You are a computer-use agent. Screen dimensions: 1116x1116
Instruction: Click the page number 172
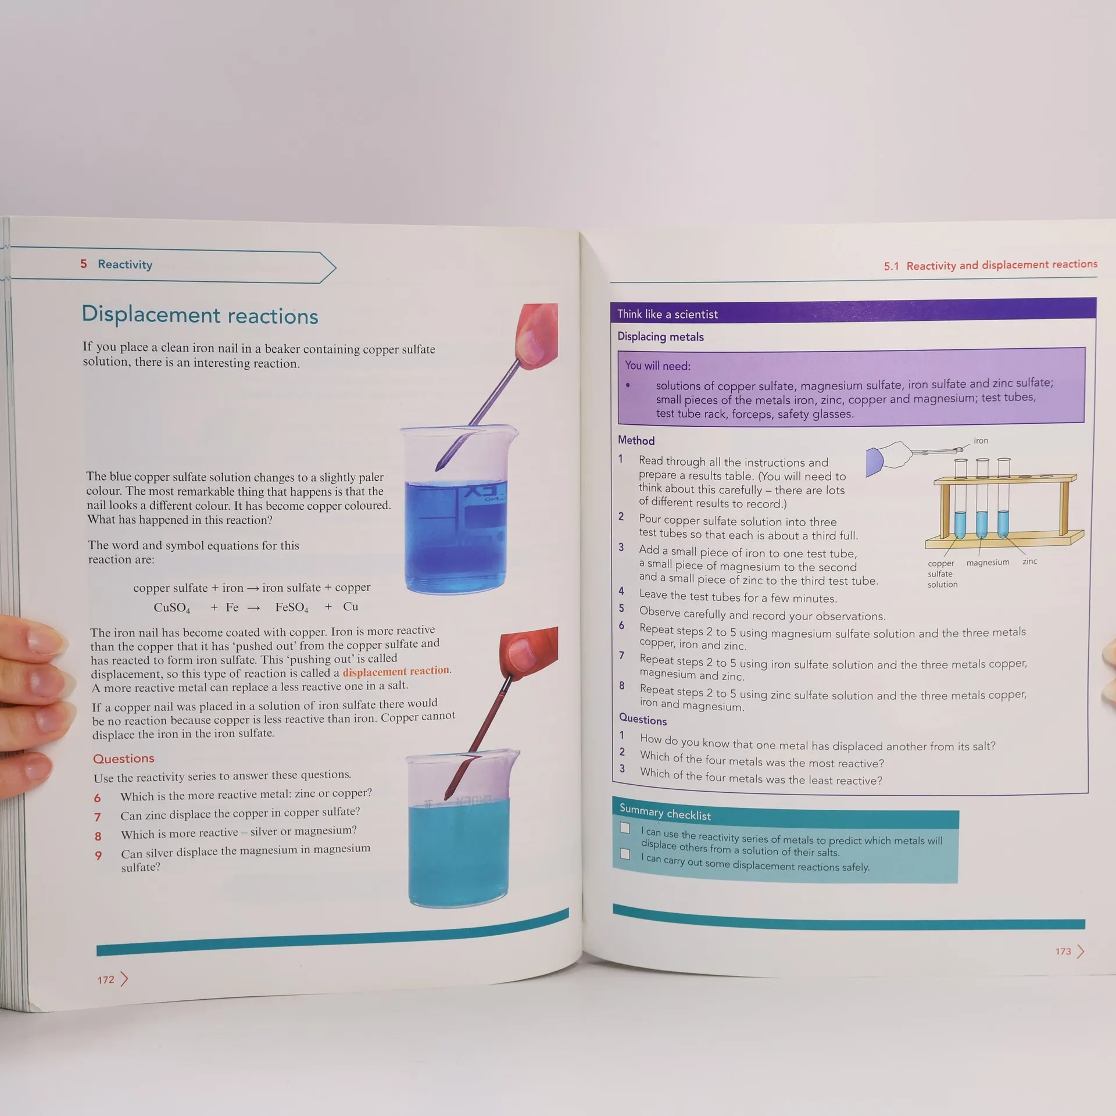pos(106,980)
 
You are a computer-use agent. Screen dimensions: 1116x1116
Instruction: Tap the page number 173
pos(1063,952)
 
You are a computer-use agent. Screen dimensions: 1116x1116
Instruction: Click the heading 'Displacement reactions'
pos(200,314)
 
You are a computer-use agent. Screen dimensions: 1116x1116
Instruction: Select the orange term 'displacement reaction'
pos(396,671)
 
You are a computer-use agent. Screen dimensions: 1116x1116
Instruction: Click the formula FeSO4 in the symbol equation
pos(292,607)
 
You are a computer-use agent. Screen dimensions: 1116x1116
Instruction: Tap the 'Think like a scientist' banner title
pos(667,314)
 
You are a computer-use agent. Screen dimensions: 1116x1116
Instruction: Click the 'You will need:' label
pos(658,366)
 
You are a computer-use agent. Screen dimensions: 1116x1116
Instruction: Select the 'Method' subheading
pos(636,441)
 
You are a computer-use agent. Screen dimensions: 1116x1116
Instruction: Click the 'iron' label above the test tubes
pos(981,441)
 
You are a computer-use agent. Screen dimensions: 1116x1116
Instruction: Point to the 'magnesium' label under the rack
pos(988,563)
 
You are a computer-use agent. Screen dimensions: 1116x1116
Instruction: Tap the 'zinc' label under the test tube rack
pos(1029,561)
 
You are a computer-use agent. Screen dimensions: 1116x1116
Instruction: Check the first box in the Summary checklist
pos(625,828)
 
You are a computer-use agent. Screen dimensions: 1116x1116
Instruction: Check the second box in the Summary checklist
pos(625,854)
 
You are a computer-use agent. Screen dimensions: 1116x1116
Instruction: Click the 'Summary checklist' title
pos(665,812)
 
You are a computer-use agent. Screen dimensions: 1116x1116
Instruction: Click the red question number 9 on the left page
pos(98,856)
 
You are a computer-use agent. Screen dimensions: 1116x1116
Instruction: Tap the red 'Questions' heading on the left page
pos(124,759)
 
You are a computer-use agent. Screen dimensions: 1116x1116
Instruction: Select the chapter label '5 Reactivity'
pos(116,264)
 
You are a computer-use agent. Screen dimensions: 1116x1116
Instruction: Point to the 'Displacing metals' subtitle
pos(660,337)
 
